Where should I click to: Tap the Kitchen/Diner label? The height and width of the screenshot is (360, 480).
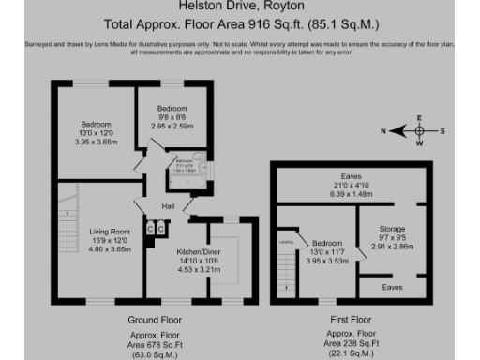(x=197, y=250)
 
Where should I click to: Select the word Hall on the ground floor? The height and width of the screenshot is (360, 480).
(x=169, y=206)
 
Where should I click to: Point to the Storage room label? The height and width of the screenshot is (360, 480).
(x=392, y=229)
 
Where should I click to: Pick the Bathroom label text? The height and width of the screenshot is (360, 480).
(x=185, y=163)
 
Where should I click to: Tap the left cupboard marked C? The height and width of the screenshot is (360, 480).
(x=149, y=228)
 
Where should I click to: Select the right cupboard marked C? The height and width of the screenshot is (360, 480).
(x=160, y=228)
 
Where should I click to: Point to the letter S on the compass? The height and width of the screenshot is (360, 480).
(x=444, y=131)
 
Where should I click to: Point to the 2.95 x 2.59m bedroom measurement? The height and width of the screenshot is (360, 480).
(x=171, y=125)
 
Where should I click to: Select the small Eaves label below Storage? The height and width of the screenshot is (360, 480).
(x=393, y=287)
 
